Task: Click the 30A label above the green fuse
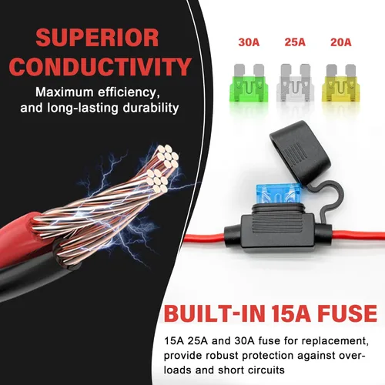point(249,42)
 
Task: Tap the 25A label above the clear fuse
point(295,42)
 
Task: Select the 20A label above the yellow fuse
point(341,42)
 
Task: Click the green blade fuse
point(249,82)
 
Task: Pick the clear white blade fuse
point(295,82)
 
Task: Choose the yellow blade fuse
point(341,82)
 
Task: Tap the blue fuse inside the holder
point(279,194)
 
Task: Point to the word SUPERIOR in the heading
point(97,38)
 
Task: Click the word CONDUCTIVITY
point(100,67)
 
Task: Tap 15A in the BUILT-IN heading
point(291,313)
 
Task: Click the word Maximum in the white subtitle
point(64,92)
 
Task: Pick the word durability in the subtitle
point(151,108)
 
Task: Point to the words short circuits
point(251,370)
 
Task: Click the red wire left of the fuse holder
point(205,237)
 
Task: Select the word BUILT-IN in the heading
point(215,313)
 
